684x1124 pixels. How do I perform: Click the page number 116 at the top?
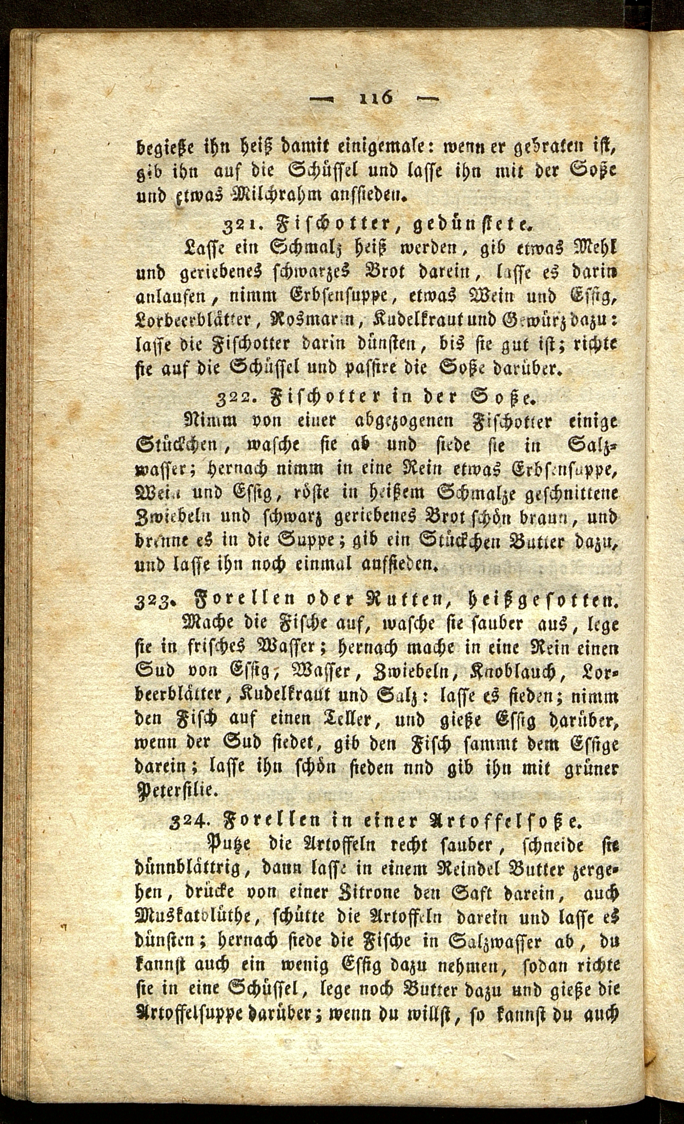374,98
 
